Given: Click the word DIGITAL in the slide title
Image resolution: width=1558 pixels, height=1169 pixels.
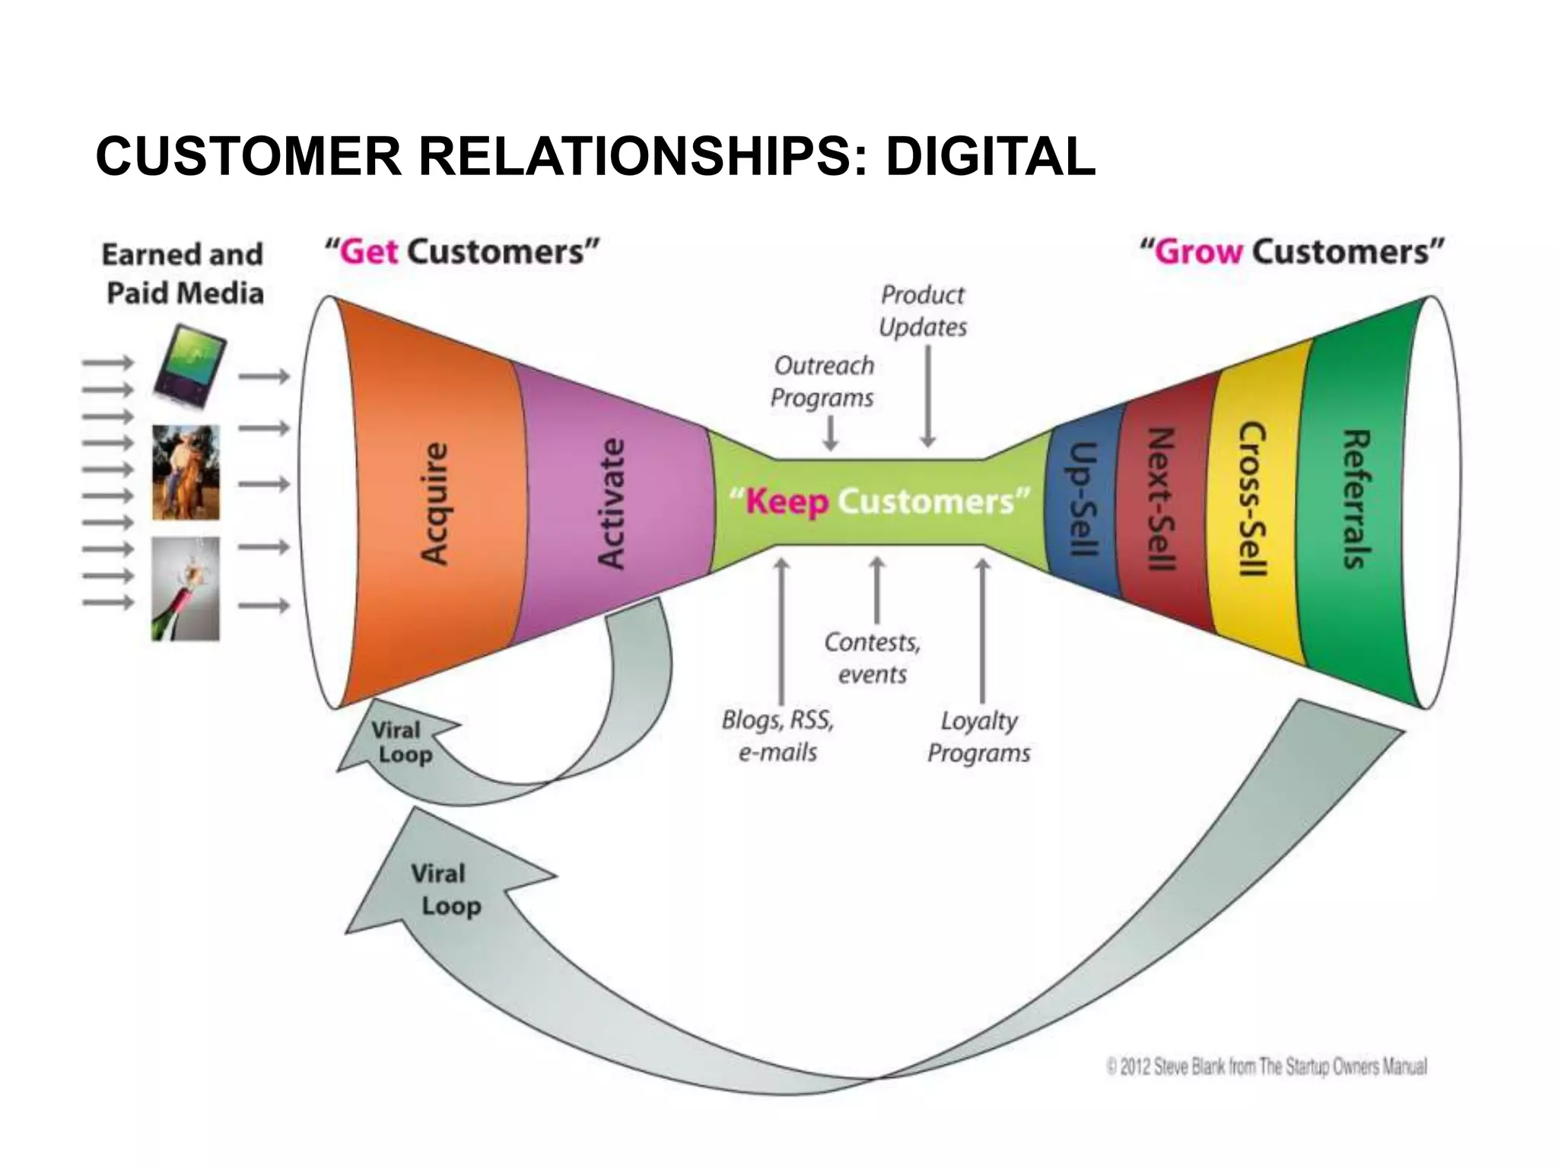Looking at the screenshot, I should pos(990,157).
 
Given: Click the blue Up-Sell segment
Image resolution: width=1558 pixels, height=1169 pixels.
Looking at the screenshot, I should pos(1081,499).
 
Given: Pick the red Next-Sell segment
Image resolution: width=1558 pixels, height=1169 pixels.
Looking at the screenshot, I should pos(1161,499).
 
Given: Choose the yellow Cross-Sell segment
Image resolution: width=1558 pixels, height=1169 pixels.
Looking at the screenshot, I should pos(1252,499).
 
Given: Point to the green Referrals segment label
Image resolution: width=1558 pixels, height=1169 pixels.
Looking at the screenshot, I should pos(1357,499).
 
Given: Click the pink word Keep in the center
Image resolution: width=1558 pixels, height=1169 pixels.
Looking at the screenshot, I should pos(787,502).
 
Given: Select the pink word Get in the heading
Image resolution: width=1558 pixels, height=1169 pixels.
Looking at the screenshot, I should pos(370,252).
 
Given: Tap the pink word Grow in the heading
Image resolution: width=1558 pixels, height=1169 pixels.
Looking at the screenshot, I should pos(1197,252).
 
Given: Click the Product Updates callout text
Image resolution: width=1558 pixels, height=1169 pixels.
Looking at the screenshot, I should pos(922,311).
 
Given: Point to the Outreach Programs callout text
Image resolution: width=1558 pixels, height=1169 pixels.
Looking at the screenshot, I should pos(823,381).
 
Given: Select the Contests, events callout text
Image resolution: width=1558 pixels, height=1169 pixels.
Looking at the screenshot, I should pos(873,658).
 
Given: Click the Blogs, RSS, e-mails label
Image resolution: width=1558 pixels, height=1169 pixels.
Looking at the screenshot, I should pos(777,736).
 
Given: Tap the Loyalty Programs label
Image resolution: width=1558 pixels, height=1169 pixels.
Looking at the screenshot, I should pos(978,737).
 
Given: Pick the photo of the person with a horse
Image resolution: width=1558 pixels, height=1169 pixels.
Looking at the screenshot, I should pos(186,473).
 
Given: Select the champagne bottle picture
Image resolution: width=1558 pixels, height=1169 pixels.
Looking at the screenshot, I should pos(186,588).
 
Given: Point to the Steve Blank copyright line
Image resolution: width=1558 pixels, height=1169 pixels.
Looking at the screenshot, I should pos(1267,1067).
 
